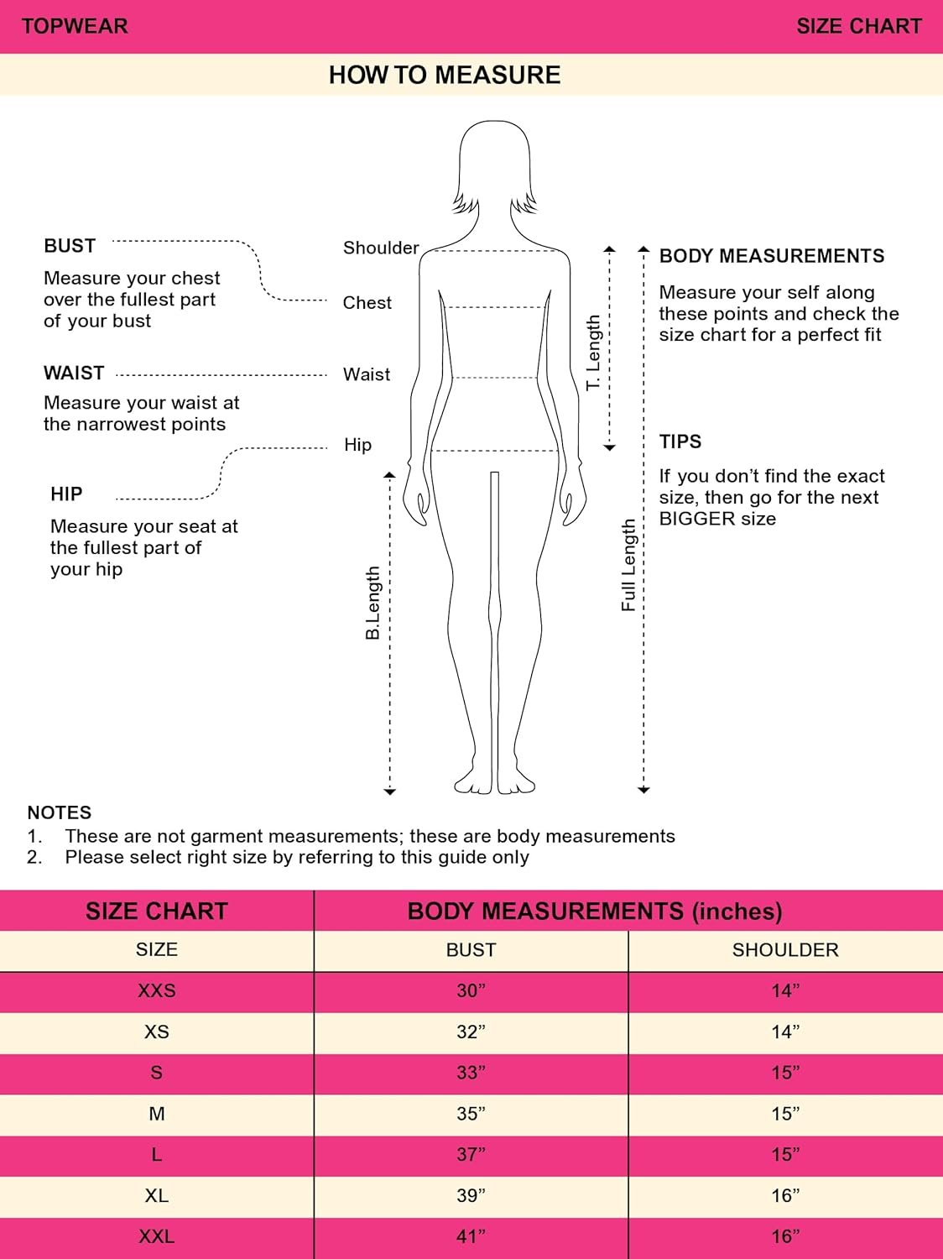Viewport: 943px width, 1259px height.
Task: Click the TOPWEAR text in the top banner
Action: point(75,26)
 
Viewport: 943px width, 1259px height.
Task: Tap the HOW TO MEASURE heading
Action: point(445,76)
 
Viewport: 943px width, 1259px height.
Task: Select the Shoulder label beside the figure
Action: point(381,248)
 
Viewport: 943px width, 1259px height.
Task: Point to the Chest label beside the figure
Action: point(367,302)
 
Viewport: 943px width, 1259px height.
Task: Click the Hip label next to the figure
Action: point(357,445)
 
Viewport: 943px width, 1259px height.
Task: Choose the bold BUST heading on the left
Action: point(70,245)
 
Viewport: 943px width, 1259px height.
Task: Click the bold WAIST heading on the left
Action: point(74,373)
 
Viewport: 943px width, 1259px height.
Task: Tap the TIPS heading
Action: point(680,441)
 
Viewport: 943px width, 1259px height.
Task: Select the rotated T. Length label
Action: point(593,353)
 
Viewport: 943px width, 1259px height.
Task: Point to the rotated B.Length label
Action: point(373,603)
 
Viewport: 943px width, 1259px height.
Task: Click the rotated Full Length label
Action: point(628,565)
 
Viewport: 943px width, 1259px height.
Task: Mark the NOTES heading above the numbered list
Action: point(59,812)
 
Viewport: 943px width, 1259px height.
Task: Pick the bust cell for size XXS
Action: point(471,990)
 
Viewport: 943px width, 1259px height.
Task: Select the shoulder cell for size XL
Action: point(785,1195)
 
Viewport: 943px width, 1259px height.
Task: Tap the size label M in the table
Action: point(157,1114)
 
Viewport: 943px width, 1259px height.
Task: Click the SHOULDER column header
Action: point(785,950)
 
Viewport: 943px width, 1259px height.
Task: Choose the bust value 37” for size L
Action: point(471,1155)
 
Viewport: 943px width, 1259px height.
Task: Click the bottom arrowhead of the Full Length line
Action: point(643,790)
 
